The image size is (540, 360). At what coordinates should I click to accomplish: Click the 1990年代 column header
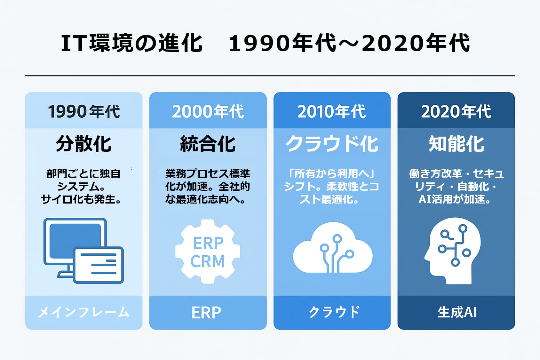pos(84,112)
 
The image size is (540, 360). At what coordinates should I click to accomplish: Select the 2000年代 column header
pos(208,112)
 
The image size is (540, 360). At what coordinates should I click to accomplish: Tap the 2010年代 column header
pos(332,112)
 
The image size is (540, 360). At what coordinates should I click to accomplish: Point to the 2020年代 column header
pos(456,112)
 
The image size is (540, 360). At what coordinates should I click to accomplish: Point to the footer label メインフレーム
pos(84,313)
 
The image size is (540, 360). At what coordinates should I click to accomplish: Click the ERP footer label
pos(206,313)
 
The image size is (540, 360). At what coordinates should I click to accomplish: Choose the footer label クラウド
pos(334,312)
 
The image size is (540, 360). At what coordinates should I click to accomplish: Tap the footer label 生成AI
pos(457,313)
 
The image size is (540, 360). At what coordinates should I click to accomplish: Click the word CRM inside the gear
pos(208,261)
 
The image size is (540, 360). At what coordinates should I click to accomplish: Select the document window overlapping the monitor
pos(98,265)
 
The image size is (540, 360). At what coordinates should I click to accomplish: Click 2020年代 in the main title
pos(416,43)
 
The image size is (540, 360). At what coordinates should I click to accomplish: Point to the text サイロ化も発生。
pos(81,199)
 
